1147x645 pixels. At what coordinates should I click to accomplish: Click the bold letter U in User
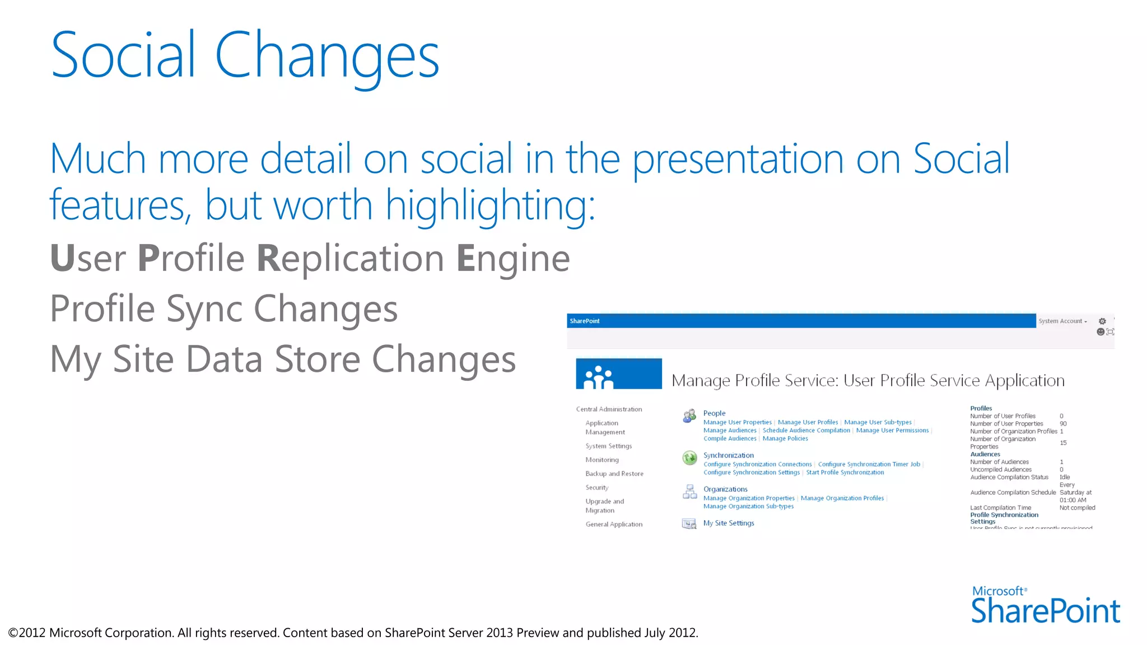coord(62,259)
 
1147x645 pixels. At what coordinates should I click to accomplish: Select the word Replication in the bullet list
coord(350,259)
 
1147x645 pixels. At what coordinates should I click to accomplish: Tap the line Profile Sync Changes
coord(223,309)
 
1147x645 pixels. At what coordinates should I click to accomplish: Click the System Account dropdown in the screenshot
coord(1062,321)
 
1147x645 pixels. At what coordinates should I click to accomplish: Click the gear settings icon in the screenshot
coord(1102,321)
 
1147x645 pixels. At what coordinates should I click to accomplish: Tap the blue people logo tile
coord(618,374)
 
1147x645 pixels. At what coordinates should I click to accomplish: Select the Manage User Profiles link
coord(808,423)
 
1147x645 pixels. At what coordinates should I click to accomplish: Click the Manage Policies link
coord(785,439)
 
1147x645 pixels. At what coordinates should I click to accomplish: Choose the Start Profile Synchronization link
coord(845,473)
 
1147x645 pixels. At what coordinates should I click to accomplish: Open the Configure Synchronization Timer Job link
coord(869,465)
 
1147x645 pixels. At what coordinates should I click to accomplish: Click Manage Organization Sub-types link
coord(748,507)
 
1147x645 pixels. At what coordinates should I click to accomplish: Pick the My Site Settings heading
coord(729,524)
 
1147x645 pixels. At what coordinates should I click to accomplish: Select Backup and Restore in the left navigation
coord(614,474)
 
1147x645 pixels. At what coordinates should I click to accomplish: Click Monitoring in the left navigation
coord(602,460)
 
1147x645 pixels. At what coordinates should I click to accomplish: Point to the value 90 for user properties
coord(1063,424)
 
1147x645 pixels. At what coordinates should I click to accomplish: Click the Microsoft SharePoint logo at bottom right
coord(1045,606)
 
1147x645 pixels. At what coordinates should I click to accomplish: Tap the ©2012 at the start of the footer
coord(27,633)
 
